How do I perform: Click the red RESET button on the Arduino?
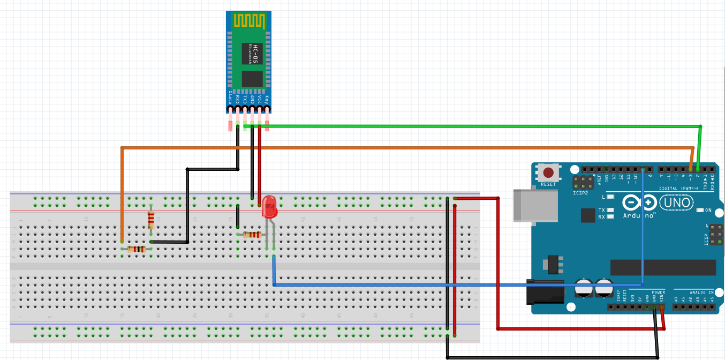tap(548, 173)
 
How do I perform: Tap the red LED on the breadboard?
tap(269, 207)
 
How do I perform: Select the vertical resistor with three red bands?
tap(151, 219)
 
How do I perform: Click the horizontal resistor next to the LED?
tap(251, 234)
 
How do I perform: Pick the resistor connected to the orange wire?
tap(137, 249)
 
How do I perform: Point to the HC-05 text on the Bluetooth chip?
tap(255, 54)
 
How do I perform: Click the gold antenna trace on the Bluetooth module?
tap(249, 20)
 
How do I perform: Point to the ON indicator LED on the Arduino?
tap(700, 210)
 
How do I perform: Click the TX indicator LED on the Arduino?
tap(610, 210)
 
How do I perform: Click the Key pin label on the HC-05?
tap(267, 99)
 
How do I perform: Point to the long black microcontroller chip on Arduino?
tap(663, 267)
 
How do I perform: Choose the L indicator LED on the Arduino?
tap(610, 197)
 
